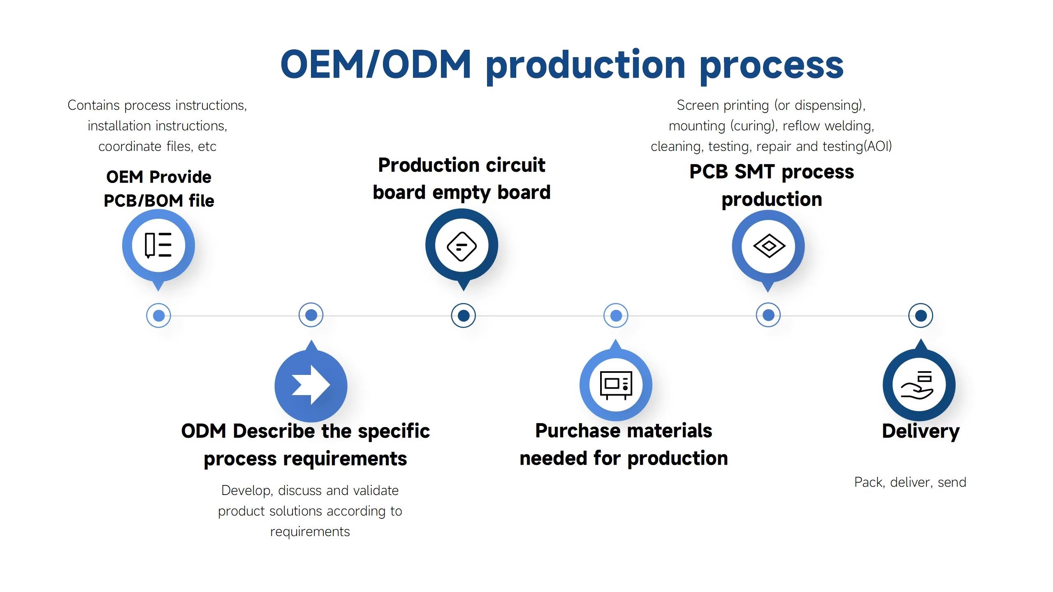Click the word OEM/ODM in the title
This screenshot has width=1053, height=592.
click(x=376, y=64)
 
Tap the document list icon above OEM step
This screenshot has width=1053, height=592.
click(x=158, y=245)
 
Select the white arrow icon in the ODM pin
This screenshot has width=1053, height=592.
click(x=311, y=385)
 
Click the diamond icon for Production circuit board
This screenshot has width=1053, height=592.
click(x=462, y=246)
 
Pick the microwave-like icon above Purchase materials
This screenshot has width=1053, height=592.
click(x=616, y=385)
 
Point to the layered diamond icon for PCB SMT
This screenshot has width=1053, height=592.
click(x=769, y=246)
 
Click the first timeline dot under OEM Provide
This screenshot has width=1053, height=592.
click(x=158, y=315)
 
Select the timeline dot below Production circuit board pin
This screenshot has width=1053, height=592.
click(x=463, y=315)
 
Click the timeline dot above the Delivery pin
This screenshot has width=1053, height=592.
click(x=921, y=315)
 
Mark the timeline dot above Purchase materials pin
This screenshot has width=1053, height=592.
click(x=616, y=315)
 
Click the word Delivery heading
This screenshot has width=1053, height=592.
click(x=921, y=432)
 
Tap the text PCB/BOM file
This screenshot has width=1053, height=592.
click(x=159, y=201)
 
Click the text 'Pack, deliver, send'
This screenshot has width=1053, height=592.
click(x=910, y=482)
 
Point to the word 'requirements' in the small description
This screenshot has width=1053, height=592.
click(x=310, y=532)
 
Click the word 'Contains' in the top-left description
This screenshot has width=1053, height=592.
click(x=93, y=105)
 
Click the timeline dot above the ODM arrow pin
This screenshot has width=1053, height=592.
click(x=311, y=315)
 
